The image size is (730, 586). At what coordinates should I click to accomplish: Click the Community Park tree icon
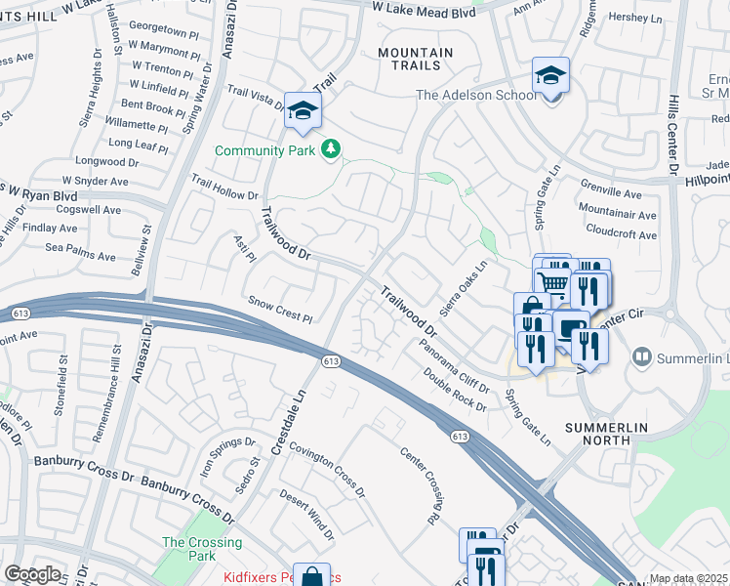click(332, 148)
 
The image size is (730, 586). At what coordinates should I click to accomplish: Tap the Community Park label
click(265, 150)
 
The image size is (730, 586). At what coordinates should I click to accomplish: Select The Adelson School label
click(476, 95)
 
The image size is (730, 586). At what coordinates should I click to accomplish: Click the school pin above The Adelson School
click(550, 76)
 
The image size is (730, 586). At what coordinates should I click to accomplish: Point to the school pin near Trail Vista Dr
click(303, 109)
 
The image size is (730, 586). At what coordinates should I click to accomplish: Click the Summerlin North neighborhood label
click(599, 434)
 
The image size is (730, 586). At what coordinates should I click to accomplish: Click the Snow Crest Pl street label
click(280, 311)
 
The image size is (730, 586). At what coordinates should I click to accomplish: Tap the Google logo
click(32, 574)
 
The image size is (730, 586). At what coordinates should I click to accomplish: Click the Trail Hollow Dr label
click(223, 188)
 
